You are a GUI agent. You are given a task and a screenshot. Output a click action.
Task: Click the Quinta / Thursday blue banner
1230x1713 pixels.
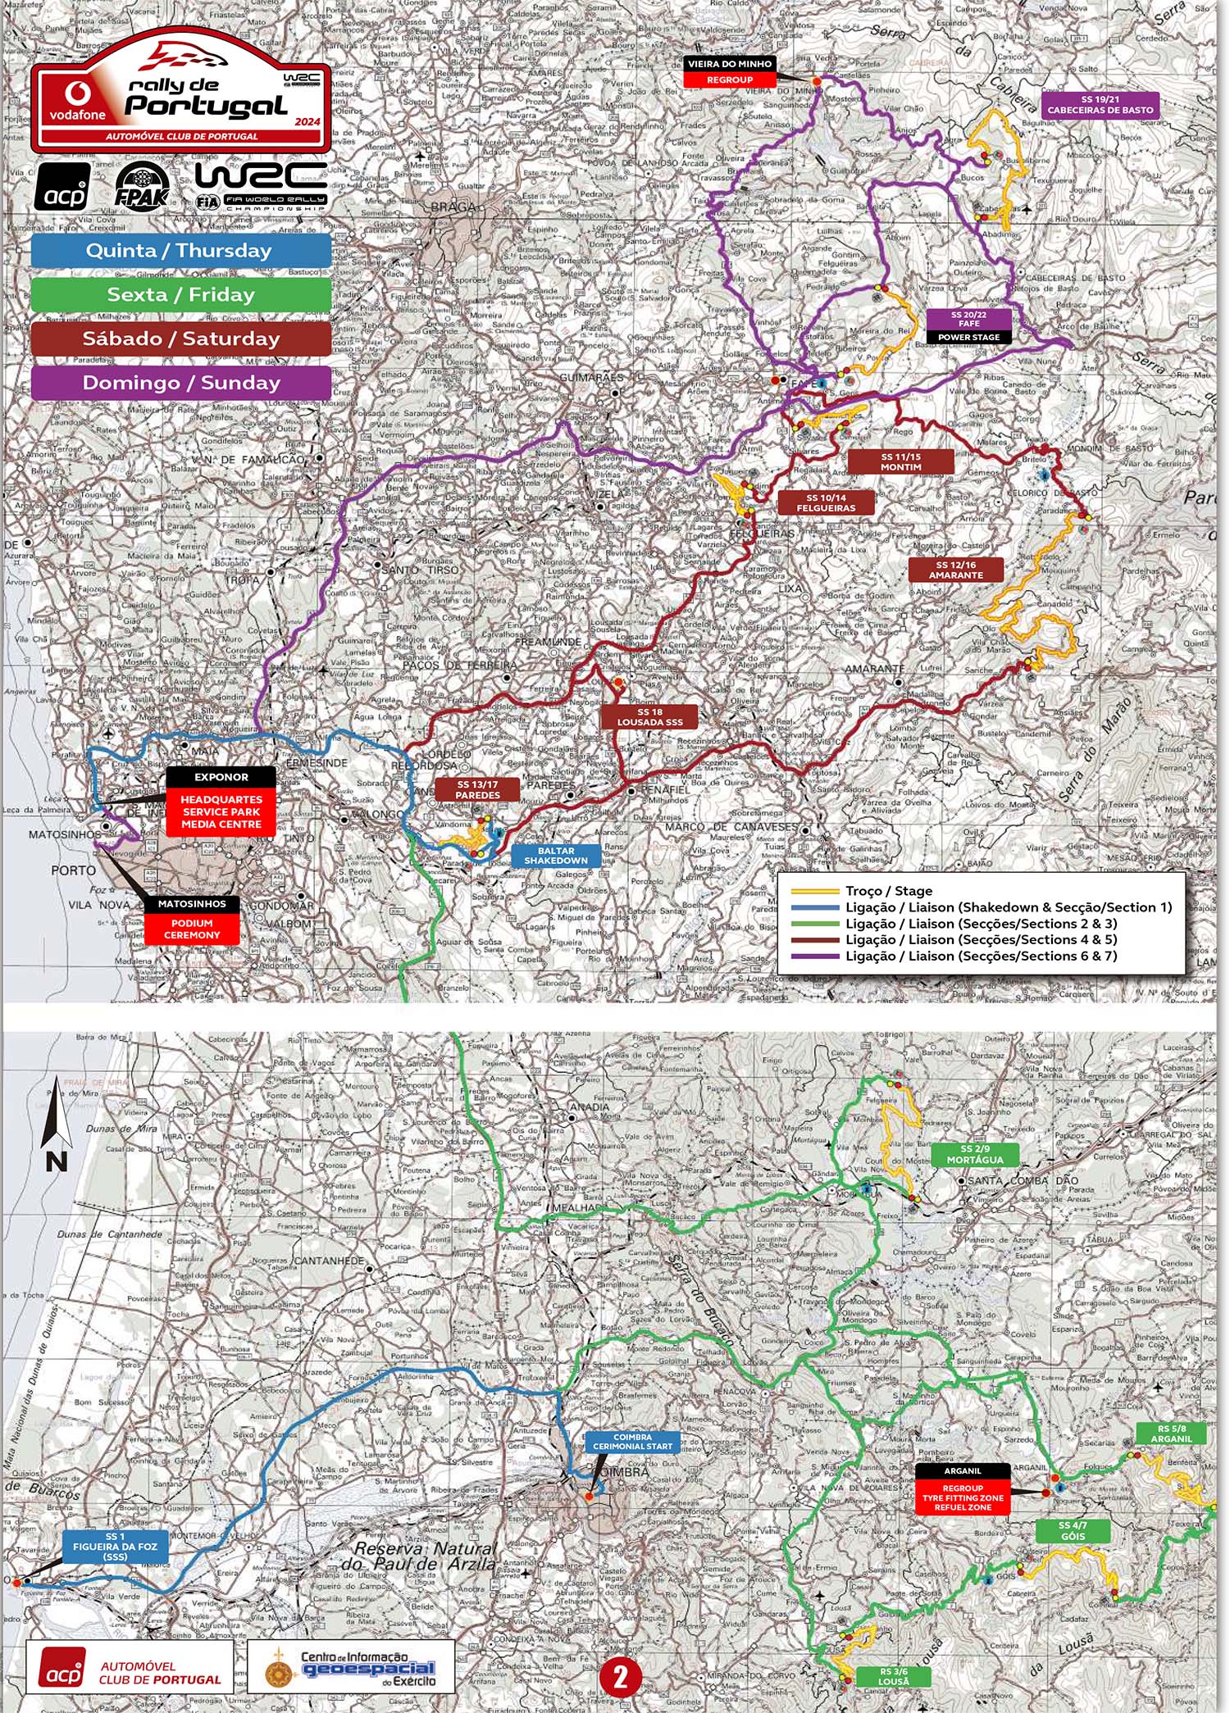pyautogui.click(x=180, y=251)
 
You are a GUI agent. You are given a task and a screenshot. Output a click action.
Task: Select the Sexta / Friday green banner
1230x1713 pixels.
pyautogui.click(x=180, y=295)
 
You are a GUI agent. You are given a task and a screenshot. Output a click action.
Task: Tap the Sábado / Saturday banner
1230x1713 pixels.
pyautogui.click(x=180, y=339)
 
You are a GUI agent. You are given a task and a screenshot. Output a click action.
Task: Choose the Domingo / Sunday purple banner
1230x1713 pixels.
pyautogui.click(x=180, y=383)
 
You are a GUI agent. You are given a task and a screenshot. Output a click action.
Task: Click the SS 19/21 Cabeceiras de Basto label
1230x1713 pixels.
pyautogui.click(x=1100, y=105)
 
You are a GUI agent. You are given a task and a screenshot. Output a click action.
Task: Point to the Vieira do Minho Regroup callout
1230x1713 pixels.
pyautogui.click(x=729, y=72)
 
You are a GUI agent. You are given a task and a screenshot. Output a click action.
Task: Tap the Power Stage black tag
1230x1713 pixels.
pyautogui.click(x=968, y=337)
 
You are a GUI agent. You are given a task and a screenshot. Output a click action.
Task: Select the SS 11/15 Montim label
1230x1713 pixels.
pyautogui.click(x=900, y=462)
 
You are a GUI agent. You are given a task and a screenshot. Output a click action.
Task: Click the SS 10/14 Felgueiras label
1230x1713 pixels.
pyautogui.click(x=826, y=503)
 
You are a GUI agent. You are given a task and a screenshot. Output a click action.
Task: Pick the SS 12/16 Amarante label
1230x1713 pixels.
pyautogui.click(x=955, y=570)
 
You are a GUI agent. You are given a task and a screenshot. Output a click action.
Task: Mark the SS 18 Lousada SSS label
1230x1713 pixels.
pyautogui.click(x=649, y=717)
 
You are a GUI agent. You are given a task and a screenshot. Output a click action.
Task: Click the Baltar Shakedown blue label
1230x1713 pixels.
pyautogui.click(x=556, y=856)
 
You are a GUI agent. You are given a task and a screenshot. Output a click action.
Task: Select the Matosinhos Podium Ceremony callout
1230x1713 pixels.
pyautogui.click(x=192, y=920)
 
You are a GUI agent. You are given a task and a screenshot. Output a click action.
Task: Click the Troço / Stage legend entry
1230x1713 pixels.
pyautogui.click(x=889, y=891)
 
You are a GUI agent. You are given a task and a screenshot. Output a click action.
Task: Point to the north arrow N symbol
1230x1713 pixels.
pyautogui.click(x=56, y=1125)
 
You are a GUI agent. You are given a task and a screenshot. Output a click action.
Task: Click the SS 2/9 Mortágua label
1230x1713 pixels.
pyautogui.click(x=974, y=1155)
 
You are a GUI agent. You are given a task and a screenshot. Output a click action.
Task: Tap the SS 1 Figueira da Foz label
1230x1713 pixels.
pyautogui.click(x=115, y=1547)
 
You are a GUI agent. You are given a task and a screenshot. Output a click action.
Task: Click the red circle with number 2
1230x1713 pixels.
pyautogui.click(x=620, y=1677)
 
